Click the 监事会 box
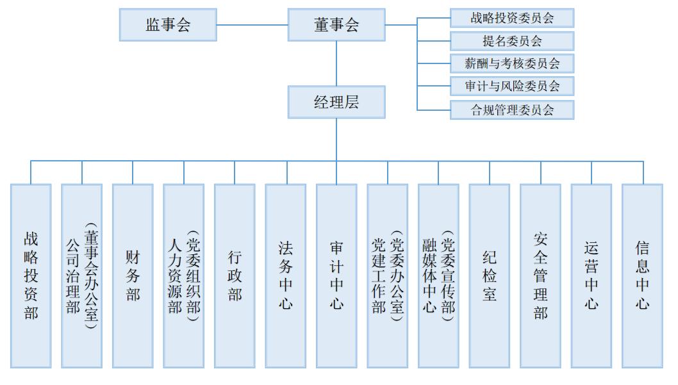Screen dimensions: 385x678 point(168,25)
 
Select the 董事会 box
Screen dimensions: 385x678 point(336,25)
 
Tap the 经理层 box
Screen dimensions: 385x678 point(336,102)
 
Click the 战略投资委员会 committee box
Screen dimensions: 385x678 point(512,18)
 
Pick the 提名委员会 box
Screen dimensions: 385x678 point(512,41)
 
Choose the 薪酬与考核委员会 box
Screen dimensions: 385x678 point(512,63)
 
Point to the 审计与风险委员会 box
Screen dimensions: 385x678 point(512,86)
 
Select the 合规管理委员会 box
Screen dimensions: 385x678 point(512,110)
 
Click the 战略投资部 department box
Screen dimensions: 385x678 point(31,276)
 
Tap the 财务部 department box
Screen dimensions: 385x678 point(133,276)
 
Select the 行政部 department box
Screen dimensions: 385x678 point(235,276)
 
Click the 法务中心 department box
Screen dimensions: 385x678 point(285,276)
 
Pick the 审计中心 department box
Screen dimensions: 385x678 point(336,276)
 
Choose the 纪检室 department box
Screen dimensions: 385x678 point(489,276)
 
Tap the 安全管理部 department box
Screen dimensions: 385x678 point(540,276)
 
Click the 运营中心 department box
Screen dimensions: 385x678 point(591,276)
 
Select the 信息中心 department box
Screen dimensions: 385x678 point(641,276)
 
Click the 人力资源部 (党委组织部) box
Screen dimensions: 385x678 point(184,276)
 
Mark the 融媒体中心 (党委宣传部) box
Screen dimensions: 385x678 point(438,276)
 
